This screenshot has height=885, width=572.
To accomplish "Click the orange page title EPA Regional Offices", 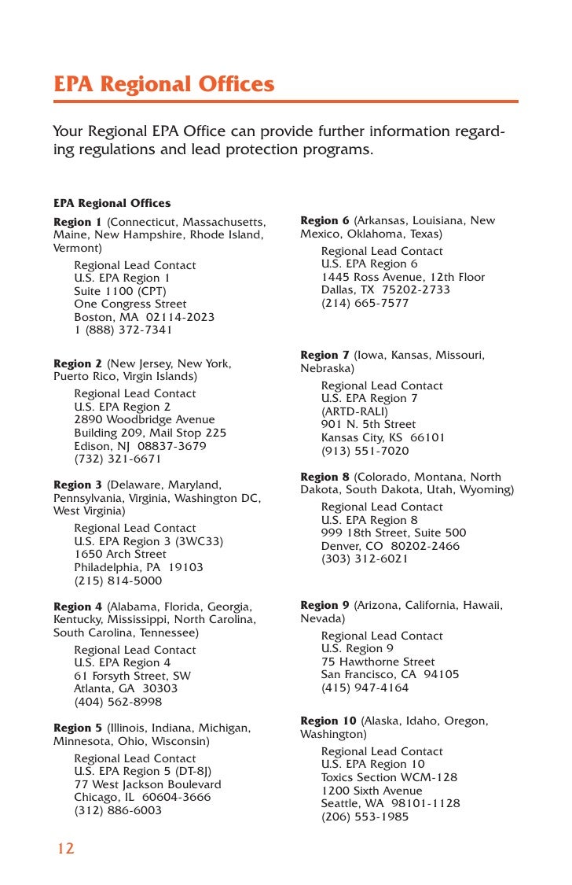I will [x=163, y=84].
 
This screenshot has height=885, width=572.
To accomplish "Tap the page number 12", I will [x=65, y=848].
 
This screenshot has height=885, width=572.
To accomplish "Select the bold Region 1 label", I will [x=78, y=222].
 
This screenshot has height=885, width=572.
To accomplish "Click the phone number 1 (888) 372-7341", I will [x=123, y=330].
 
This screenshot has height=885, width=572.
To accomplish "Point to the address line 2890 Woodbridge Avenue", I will [x=145, y=420].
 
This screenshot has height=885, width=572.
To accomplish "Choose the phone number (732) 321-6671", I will [x=118, y=459].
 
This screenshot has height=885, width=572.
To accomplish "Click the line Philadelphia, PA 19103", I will [x=138, y=567].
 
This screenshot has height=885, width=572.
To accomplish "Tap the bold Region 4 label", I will [x=78, y=607].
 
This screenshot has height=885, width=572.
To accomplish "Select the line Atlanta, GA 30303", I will [x=126, y=688].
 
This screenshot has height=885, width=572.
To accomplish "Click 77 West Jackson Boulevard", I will [x=148, y=784].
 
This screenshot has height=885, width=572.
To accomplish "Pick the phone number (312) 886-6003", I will [x=118, y=810].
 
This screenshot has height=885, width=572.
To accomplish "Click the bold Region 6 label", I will [x=324, y=221].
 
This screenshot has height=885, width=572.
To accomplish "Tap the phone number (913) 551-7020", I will [x=365, y=451].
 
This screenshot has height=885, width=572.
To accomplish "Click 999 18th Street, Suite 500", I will [x=394, y=533].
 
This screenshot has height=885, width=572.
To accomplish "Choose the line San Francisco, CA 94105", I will [x=390, y=674].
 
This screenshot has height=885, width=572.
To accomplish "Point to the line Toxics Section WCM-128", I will [x=389, y=777].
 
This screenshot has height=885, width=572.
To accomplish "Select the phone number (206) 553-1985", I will [x=365, y=817].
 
